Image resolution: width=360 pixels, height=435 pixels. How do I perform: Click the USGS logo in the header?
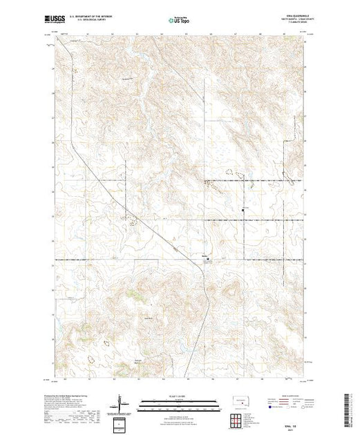pyautogui.click(x=53, y=18)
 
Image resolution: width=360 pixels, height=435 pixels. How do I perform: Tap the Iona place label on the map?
pyautogui.click(x=205, y=257)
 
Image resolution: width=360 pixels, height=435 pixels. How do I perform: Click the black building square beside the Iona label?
pyautogui.click(x=211, y=260)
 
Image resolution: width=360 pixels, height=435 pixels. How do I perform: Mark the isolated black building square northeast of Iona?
pyautogui.click(x=242, y=209)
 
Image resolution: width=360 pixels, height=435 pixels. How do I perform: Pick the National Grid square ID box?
pyautogui.click(x=121, y=423)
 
